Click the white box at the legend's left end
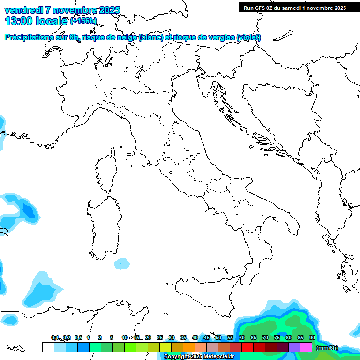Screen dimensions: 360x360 point(48,347)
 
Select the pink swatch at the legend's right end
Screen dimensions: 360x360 point(306,347)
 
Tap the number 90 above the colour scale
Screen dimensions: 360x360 point(312,337)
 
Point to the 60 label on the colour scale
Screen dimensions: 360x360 point(241,337)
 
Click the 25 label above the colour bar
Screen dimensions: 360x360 point(159,337)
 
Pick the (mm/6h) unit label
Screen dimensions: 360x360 point(327,348)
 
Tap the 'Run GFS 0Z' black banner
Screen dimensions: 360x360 point(294,8)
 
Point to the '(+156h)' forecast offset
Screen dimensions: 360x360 point(83,21)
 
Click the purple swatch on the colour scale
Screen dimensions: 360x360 point(294,347)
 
